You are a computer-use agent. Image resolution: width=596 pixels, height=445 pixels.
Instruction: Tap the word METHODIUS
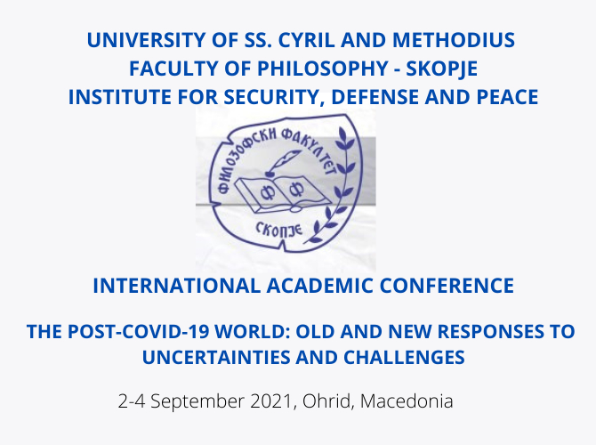click(x=454, y=40)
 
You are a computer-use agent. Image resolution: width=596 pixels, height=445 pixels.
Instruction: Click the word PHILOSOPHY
click(x=322, y=69)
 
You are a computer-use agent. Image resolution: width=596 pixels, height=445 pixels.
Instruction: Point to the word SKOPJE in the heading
click(x=442, y=69)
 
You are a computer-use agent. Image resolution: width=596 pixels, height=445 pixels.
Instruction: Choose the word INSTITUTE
click(x=120, y=97)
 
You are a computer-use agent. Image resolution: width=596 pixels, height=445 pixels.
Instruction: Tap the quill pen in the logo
click(x=283, y=162)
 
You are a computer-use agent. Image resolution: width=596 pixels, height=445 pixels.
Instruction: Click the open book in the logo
click(x=281, y=193)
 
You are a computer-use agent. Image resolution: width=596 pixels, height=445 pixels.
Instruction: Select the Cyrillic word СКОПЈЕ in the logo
click(x=278, y=230)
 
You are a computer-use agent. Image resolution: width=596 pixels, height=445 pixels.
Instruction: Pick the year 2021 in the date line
click(x=270, y=401)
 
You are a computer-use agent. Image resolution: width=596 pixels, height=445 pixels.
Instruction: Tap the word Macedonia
click(x=407, y=401)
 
